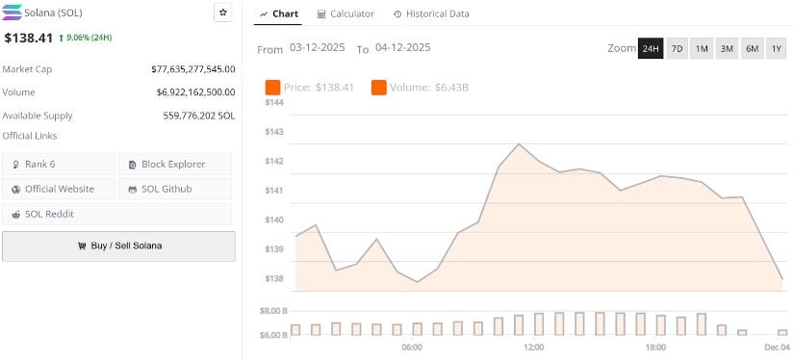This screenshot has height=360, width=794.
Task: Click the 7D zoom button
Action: tap(677, 48)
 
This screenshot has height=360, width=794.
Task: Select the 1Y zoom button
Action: tap(776, 48)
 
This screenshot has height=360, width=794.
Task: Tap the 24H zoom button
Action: tap(651, 48)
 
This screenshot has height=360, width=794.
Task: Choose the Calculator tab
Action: tap(346, 13)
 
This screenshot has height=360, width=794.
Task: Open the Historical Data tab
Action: tap(431, 13)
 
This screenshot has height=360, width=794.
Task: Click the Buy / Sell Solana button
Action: tap(118, 245)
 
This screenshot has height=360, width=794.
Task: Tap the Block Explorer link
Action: tap(174, 164)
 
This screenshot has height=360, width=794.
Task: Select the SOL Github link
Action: tap(174, 189)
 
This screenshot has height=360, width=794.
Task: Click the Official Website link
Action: tap(58, 189)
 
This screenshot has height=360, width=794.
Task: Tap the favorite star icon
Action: tap(222, 13)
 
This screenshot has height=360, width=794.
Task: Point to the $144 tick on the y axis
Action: tap(274, 102)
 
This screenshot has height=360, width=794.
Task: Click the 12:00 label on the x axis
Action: tap(533, 347)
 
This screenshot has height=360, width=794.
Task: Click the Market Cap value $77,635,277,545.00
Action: tap(192, 69)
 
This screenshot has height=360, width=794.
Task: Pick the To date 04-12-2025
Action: tap(403, 48)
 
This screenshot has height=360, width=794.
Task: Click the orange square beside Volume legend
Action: tap(378, 88)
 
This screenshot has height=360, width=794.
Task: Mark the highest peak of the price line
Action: tap(520, 143)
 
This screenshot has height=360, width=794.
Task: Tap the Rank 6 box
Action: tap(58, 164)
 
